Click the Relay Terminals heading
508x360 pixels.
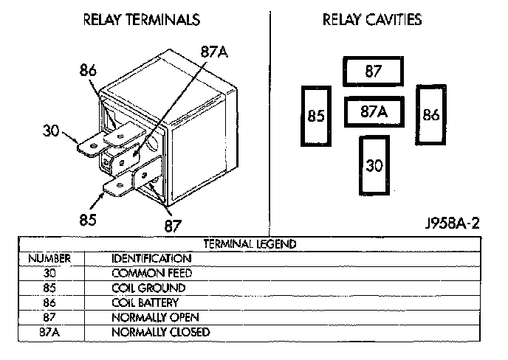[x=141, y=20]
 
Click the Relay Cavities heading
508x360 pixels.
[x=372, y=20]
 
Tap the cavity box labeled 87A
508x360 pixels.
[x=374, y=112]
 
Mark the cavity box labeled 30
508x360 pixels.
[x=374, y=165]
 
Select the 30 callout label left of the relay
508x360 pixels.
[x=51, y=132]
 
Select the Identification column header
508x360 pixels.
[x=151, y=258]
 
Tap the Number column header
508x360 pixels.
[x=49, y=258]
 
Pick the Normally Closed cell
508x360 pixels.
[x=160, y=332]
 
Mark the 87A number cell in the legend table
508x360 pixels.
[x=49, y=332]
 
